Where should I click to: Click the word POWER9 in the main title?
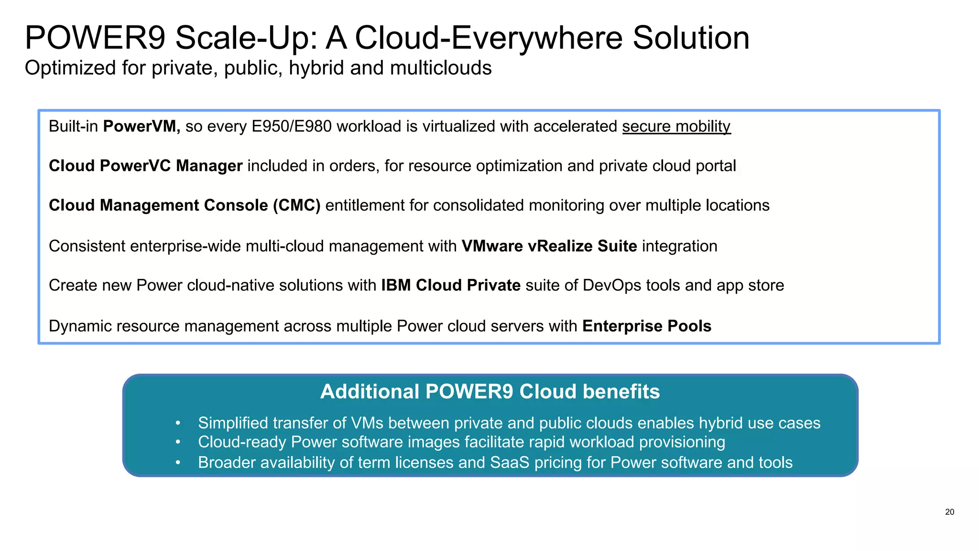point(95,38)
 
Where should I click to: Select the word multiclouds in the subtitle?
point(441,68)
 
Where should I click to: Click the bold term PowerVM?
point(141,126)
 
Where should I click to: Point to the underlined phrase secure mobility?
point(676,126)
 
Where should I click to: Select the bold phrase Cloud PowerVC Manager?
point(145,166)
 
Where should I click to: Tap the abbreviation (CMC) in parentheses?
point(296,205)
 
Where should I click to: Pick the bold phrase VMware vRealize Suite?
point(549,246)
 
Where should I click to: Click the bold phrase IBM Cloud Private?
point(450,286)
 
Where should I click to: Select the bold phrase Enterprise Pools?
point(646,326)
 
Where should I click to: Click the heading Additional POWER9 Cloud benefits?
point(489,392)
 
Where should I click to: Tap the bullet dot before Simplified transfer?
point(178,423)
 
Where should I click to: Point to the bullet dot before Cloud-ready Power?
point(178,442)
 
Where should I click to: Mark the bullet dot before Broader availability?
point(178,463)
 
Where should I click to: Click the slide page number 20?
point(949,512)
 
